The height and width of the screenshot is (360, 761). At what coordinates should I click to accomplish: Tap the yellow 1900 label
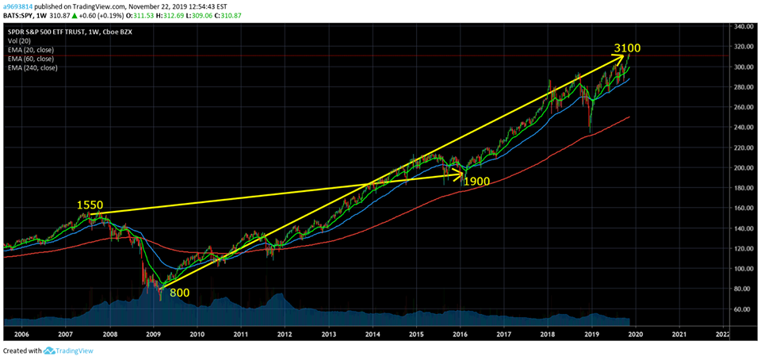[x=477, y=181]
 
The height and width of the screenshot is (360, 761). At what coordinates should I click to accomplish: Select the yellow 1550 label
[x=90, y=205]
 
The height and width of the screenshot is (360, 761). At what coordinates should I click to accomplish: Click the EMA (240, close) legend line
[x=33, y=68]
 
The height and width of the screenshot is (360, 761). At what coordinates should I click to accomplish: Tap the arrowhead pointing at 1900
[x=460, y=174]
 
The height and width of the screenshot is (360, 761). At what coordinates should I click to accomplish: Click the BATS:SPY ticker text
[x=20, y=14]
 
